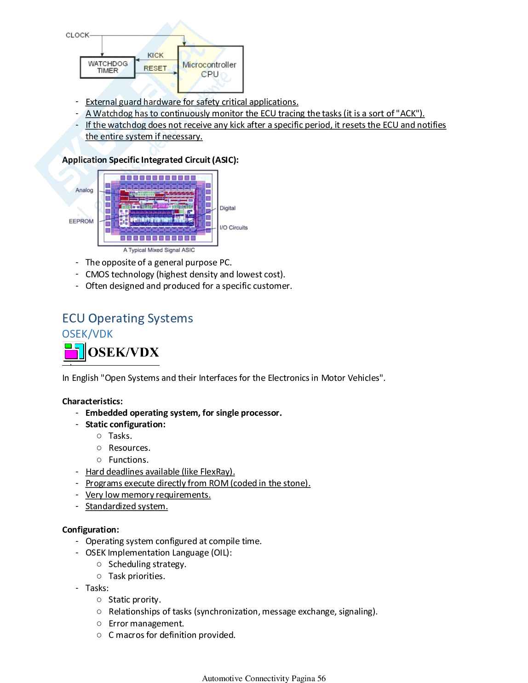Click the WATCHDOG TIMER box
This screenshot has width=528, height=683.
[x=108, y=67]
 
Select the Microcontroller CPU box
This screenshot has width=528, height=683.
[x=210, y=69]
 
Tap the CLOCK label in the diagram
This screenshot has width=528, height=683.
[x=77, y=35]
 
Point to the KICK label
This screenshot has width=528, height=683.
[x=155, y=55]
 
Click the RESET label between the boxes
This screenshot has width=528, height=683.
[x=155, y=68]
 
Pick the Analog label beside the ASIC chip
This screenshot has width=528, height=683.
[x=84, y=190]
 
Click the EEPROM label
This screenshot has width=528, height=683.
[x=81, y=221]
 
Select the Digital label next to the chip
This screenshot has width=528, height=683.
[x=227, y=208]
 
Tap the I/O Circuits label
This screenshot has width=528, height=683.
[x=233, y=228]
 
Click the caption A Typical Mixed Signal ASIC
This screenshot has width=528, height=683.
[x=159, y=250]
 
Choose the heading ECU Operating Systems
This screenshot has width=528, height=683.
[x=127, y=318]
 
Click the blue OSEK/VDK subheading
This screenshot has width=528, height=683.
[x=87, y=334]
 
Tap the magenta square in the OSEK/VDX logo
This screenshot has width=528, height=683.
[x=71, y=354]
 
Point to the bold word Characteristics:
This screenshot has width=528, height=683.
[x=92, y=402]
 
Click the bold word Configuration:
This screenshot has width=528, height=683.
[x=91, y=530]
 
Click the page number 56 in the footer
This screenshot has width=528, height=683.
[x=321, y=678]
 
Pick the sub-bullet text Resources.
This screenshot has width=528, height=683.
[x=129, y=448]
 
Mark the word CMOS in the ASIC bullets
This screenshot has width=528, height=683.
[x=97, y=275]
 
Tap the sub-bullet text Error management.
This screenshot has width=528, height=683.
[x=146, y=624]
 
